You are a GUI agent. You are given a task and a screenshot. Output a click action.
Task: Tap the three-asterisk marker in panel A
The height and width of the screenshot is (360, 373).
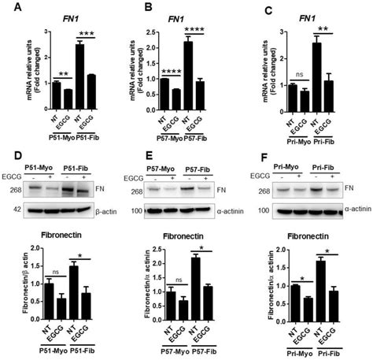pos(87,35)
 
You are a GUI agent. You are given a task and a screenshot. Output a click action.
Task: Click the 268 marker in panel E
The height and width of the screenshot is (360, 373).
pos(135,191)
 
